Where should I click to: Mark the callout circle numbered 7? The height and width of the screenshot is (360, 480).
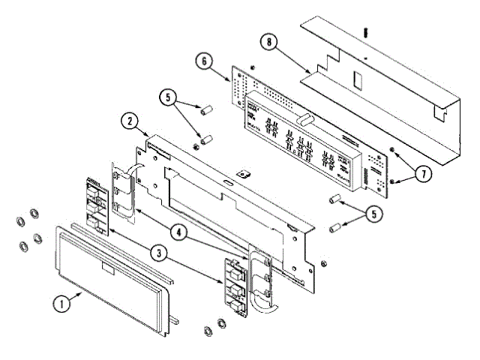423,173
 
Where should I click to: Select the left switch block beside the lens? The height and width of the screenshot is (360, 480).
97,203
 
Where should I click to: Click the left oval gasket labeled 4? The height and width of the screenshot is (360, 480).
124,194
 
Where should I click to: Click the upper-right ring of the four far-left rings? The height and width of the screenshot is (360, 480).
34,215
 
